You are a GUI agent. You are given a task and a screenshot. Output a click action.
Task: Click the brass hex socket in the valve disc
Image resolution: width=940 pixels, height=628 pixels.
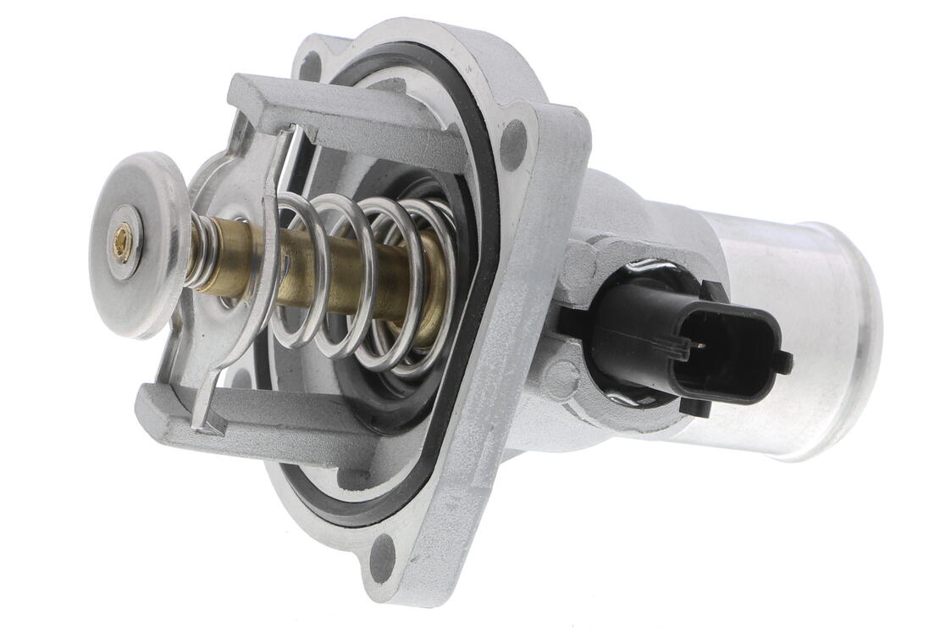[123, 231]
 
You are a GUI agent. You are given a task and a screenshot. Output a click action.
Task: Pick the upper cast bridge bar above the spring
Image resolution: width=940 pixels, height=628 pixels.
[339, 119]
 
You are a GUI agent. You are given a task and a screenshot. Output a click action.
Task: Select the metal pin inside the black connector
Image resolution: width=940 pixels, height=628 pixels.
[694, 344]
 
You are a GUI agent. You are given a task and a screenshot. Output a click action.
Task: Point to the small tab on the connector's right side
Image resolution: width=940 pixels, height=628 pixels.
[782, 363]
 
